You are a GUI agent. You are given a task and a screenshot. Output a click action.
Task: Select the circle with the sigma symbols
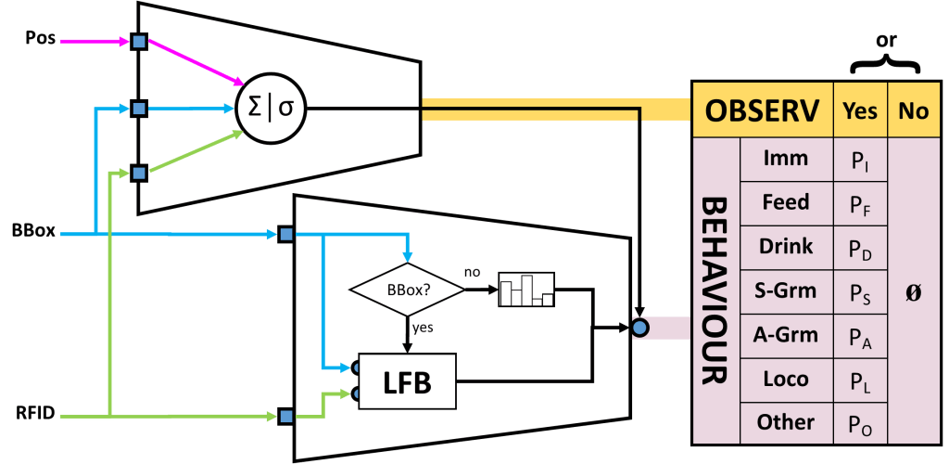pyautogui.click(x=272, y=109)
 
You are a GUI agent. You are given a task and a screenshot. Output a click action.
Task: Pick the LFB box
pyautogui.click(x=407, y=381)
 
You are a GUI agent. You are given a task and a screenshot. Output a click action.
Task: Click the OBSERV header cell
pyautogui.click(x=763, y=111)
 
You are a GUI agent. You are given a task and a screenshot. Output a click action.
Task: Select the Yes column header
pyautogui.click(x=860, y=111)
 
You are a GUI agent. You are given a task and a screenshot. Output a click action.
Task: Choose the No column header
pyautogui.click(x=913, y=111)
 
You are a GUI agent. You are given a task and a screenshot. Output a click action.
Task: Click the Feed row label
pyautogui.click(x=785, y=203)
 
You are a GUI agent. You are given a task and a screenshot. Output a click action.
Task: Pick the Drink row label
pyautogui.click(x=785, y=247)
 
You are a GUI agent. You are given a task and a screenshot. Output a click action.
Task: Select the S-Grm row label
pyautogui.click(x=785, y=291)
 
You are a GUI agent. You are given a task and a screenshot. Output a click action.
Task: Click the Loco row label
pyautogui.click(x=785, y=379)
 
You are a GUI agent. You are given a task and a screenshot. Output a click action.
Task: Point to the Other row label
pyautogui.click(x=785, y=422)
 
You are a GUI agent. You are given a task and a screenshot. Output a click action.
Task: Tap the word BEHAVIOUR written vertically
pyautogui.click(x=715, y=290)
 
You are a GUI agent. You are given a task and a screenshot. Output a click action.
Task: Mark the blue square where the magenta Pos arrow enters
pyautogui.click(x=139, y=42)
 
